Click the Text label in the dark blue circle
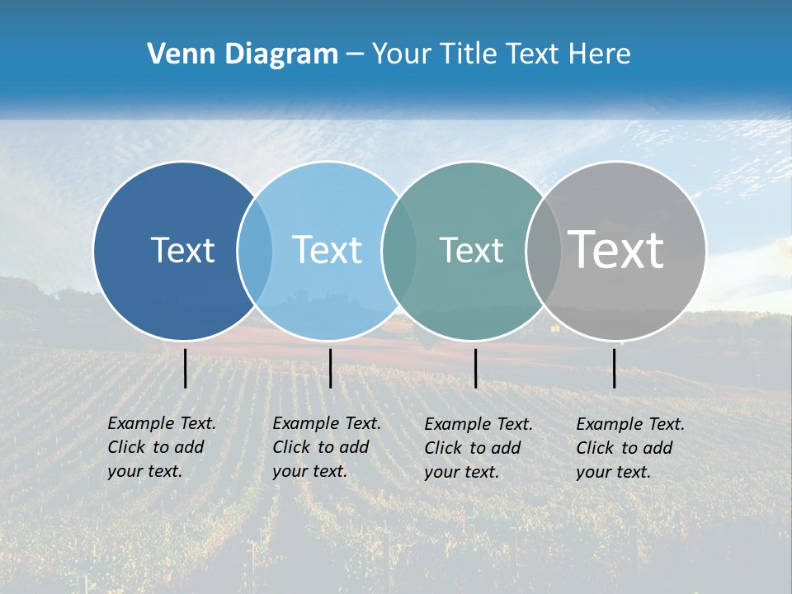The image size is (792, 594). pyautogui.click(x=182, y=250)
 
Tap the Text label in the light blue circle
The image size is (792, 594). pyautogui.click(x=327, y=250)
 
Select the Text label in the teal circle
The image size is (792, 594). pyautogui.click(x=471, y=250)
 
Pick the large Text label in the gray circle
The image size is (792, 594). pyautogui.click(x=615, y=249)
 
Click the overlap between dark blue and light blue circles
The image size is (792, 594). pyautogui.click(x=255, y=250)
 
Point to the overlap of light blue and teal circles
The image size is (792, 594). pyautogui.click(x=399, y=250)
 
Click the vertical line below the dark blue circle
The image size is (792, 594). pyautogui.click(x=186, y=368)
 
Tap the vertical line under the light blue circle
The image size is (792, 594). pyautogui.click(x=330, y=368)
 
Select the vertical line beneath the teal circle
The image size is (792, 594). pyautogui.click(x=475, y=368)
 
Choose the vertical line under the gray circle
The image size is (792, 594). pyautogui.click(x=615, y=368)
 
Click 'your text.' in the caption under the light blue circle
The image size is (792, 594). pyautogui.click(x=309, y=471)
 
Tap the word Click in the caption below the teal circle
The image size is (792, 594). pyautogui.click(x=443, y=448)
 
